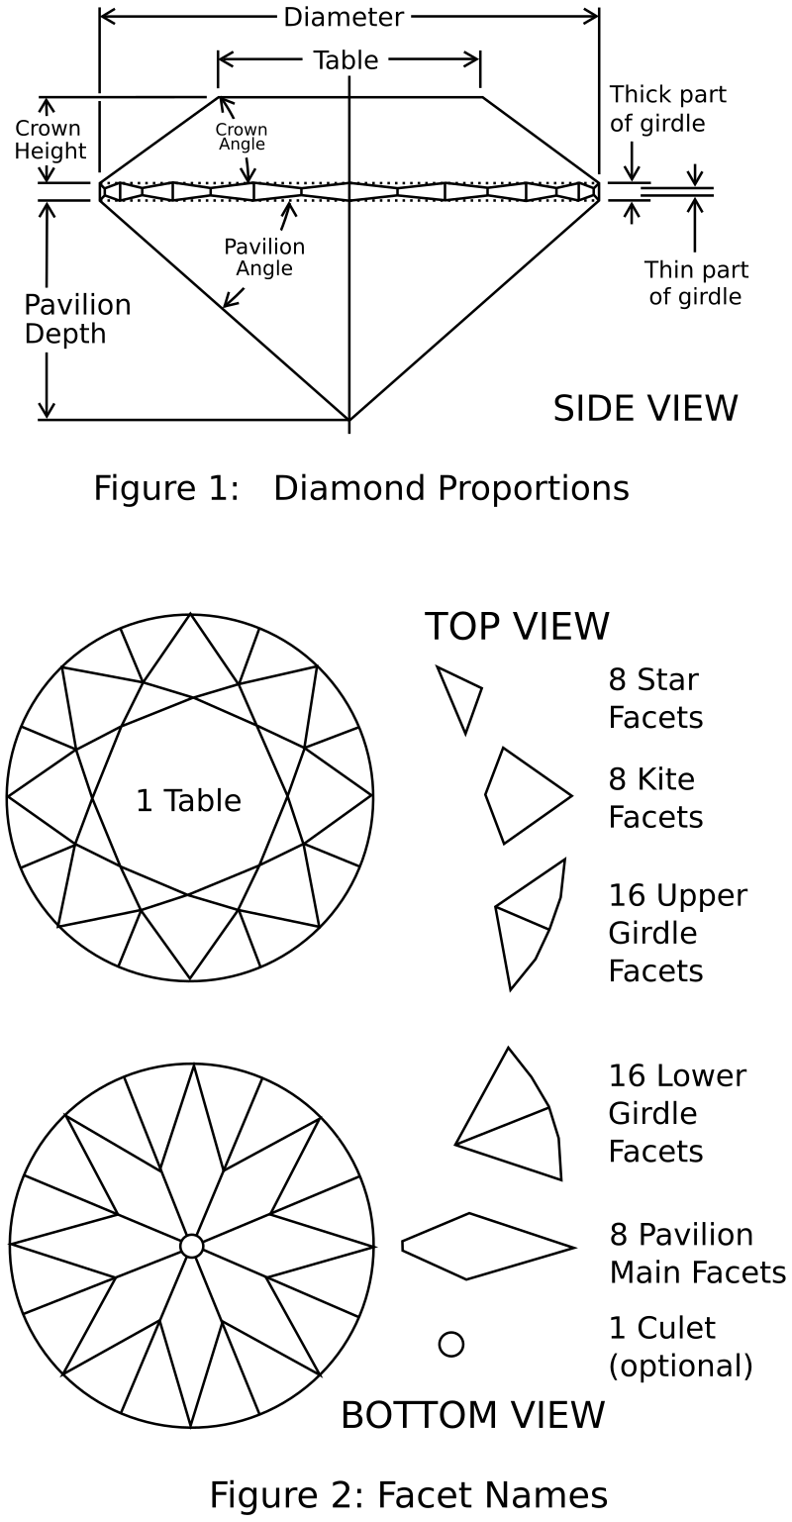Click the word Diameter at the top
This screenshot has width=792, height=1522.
pos(344,17)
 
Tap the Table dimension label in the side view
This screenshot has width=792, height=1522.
pos(346,60)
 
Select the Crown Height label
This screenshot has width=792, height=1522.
pos(49,140)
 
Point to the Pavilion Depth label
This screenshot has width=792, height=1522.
pos(77,319)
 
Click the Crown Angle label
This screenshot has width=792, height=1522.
pos(242,137)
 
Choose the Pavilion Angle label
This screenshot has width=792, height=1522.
pos(264,256)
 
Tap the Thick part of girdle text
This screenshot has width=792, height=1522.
pos(667,109)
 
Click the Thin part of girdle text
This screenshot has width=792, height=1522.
pos(696,282)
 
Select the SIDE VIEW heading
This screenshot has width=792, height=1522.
pos(645,408)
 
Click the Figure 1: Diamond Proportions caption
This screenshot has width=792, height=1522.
pos(361,488)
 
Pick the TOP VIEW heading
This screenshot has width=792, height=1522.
pos(518,626)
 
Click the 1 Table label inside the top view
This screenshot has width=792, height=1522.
pos(189,800)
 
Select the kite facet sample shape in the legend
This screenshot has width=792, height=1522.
pos(528,795)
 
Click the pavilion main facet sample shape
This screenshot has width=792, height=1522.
pos(488,1246)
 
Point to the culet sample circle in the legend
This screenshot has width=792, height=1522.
pos(451,1344)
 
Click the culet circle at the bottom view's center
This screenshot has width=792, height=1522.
pos(191,1246)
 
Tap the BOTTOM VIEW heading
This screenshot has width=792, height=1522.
pos(473,1415)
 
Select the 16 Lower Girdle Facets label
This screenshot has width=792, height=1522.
pos(677,1113)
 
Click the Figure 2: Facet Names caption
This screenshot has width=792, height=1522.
pos(409,1495)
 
